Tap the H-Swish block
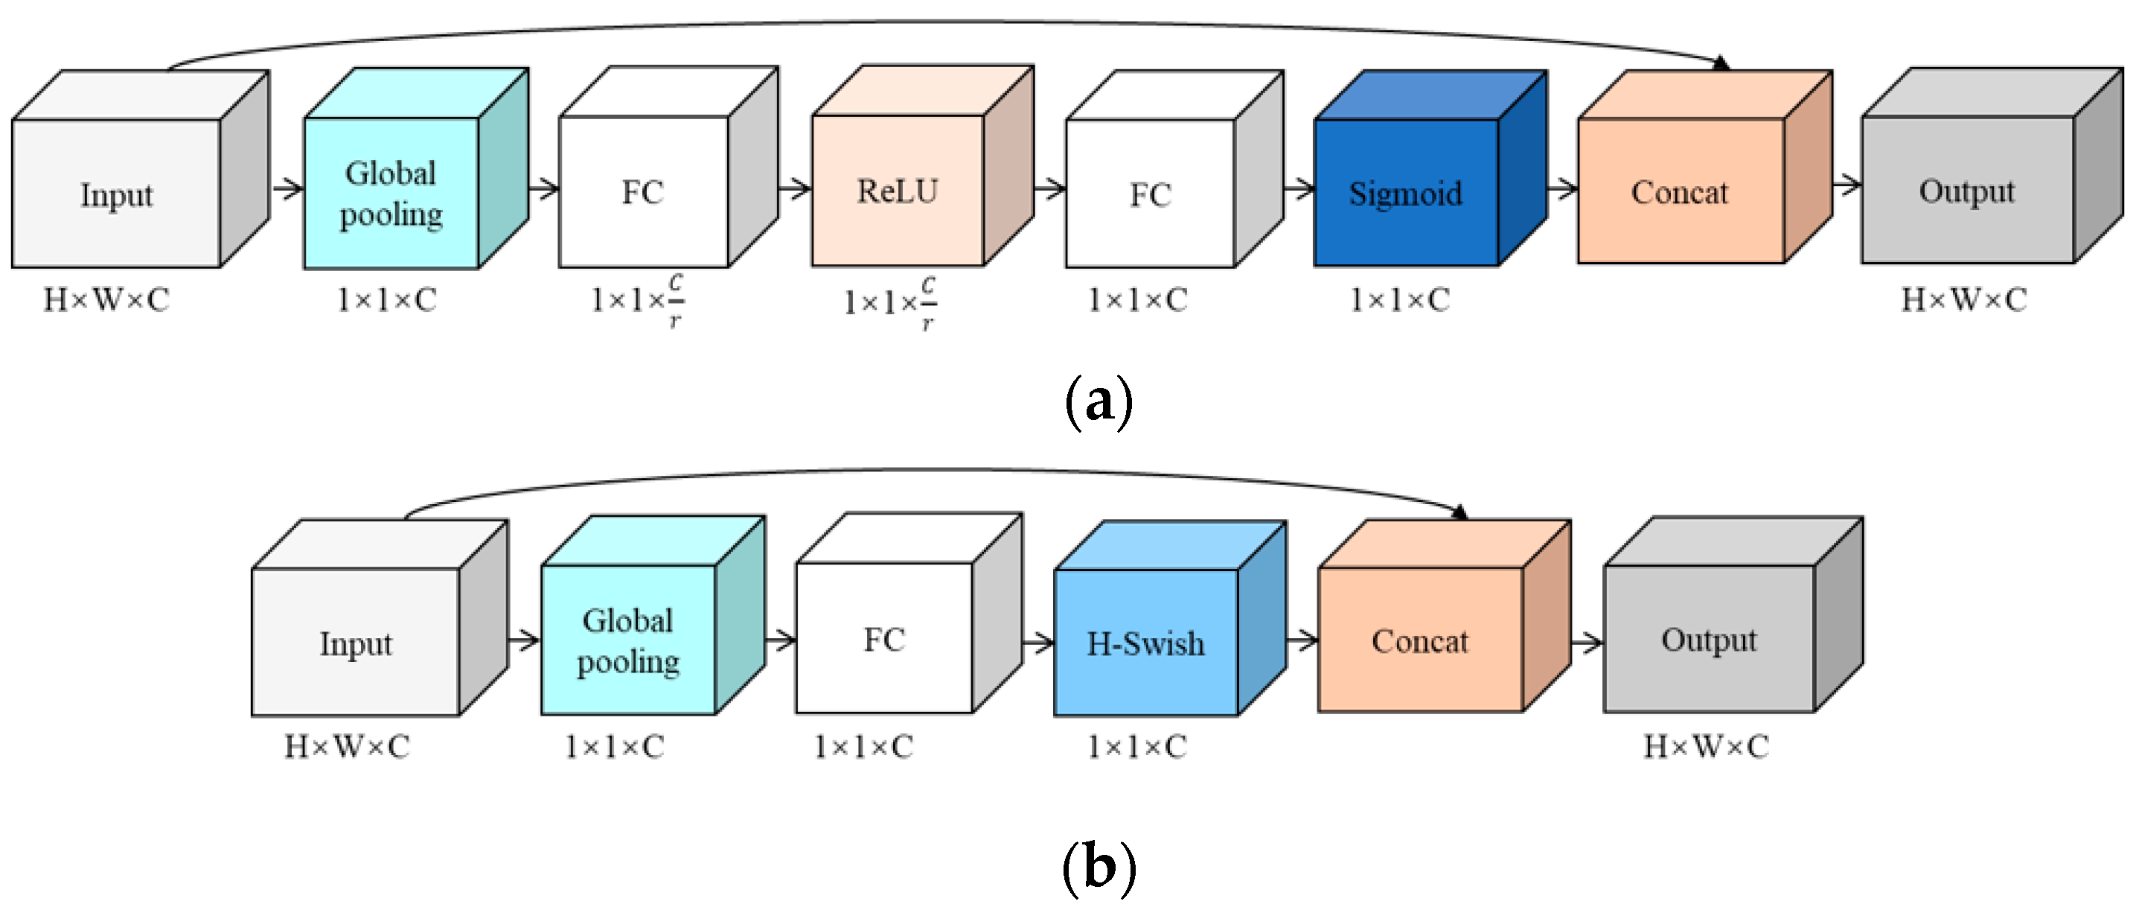(x=1170, y=618)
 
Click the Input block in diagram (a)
(x=140, y=169)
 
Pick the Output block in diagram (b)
(x=1733, y=614)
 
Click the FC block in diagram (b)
(x=909, y=613)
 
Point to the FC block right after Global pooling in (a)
(x=668, y=167)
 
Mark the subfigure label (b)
(x=1098, y=868)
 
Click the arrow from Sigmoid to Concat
(x=1562, y=189)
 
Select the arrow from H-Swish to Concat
(x=1302, y=640)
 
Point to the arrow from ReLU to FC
(x=1049, y=189)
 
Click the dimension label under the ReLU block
(x=891, y=304)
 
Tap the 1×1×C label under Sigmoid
(x=1400, y=299)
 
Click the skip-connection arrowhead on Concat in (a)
(x=1722, y=63)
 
